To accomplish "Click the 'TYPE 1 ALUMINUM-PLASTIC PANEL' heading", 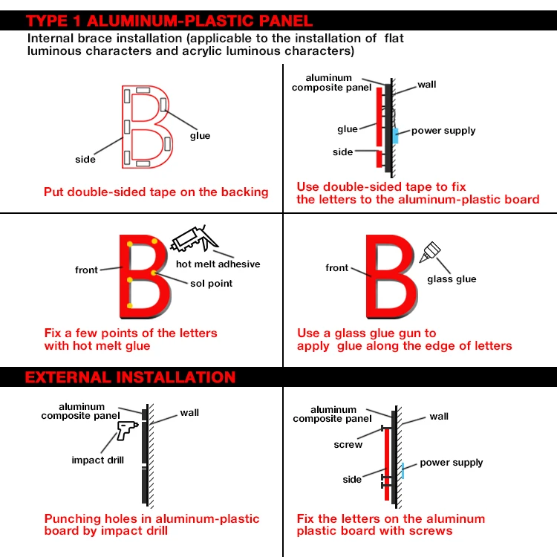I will [169, 21].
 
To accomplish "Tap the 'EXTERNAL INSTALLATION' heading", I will [131, 377].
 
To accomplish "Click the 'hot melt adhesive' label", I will [218, 264].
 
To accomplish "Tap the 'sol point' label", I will [210, 284].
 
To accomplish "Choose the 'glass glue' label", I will [452, 279].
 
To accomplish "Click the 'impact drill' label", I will [98, 460].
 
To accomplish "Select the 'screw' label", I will [348, 445].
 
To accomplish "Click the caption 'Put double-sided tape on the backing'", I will [156, 192].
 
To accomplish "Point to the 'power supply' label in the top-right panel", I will [443, 131].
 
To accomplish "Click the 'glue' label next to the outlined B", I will [200, 136].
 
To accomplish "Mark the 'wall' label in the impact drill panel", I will [189, 413].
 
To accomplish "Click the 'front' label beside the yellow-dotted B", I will [86, 270].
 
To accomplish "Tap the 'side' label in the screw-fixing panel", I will [352, 480].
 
